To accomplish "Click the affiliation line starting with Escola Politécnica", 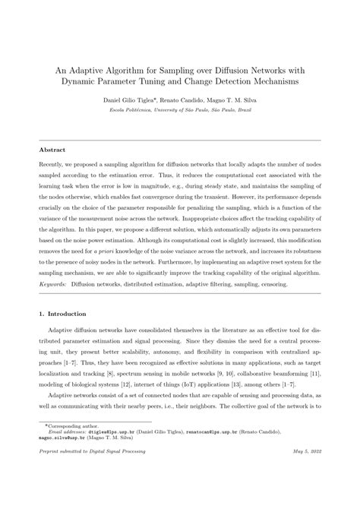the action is coord(180,111).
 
